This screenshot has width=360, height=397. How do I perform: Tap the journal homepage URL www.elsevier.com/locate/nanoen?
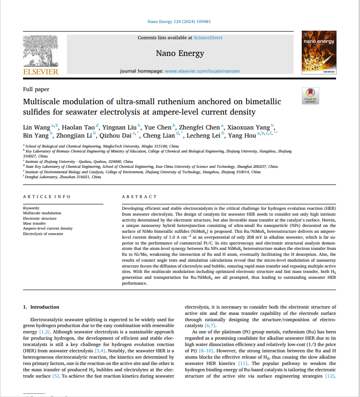click(x=202, y=71)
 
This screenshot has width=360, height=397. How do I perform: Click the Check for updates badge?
click(x=310, y=95)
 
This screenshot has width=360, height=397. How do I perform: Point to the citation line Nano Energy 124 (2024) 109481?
click(x=179, y=21)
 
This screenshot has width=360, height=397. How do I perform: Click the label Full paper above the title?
click(x=36, y=89)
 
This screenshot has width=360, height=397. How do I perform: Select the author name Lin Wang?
click(x=36, y=127)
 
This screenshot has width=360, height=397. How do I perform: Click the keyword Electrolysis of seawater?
click(x=43, y=234)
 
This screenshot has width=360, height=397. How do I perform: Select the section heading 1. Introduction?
click(x=41, y=307)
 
